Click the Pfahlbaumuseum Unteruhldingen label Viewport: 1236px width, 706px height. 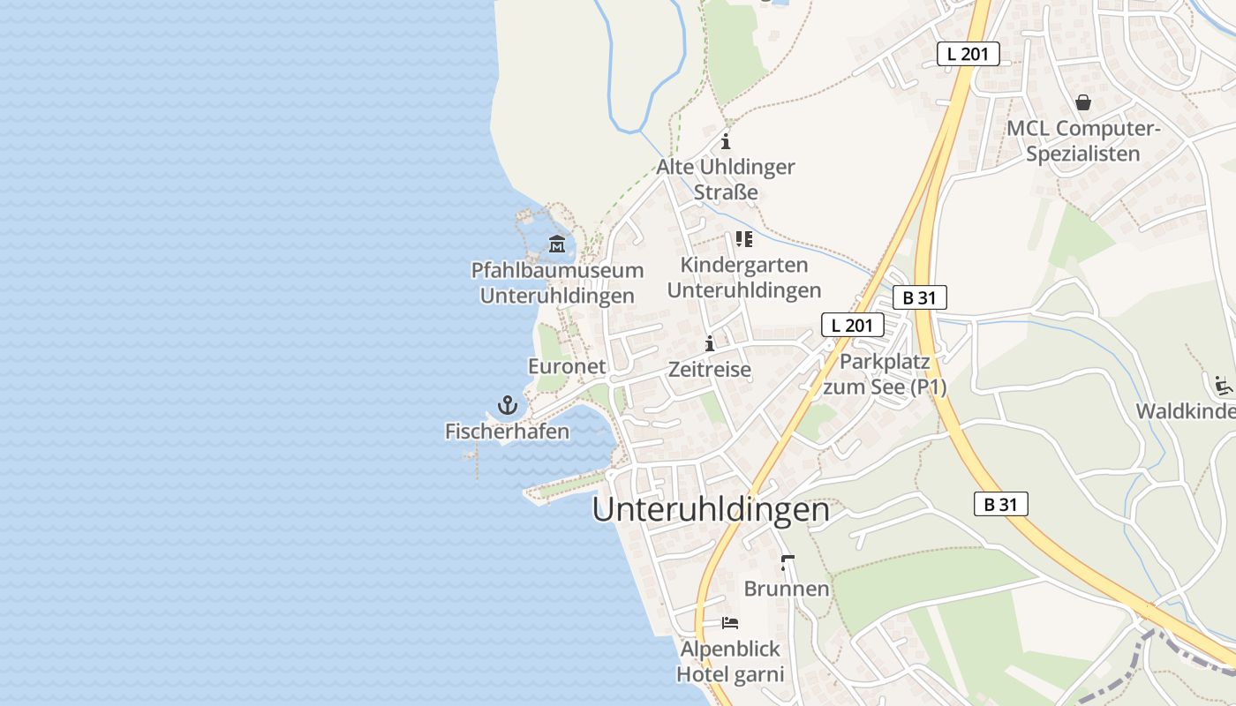(x=556, y=283)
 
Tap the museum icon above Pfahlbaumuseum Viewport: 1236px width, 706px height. (x=556, y=244)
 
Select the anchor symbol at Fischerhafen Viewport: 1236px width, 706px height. (x=507, y=406)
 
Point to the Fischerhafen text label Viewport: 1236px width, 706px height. (x=507, y=432)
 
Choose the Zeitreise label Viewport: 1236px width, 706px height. (x=710, y=370)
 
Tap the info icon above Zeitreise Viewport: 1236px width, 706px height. (x=710, y=343)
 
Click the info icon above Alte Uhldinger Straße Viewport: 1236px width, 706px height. (x=726, y=141)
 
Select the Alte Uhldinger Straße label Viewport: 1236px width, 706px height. (x=726, y=179)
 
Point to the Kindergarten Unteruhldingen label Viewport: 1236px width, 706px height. (x=744, y=277)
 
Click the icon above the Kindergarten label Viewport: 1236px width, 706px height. (x=744, y=239)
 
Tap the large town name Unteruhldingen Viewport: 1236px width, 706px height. (x=711, y=510)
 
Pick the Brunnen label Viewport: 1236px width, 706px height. (x=787, y=589)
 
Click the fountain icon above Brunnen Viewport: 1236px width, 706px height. (x=788, y=562)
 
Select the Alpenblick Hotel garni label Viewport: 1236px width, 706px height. (x=730, y=662)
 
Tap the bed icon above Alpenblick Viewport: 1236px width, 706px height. (x=730, y=623)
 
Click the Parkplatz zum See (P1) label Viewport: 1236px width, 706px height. (x=885, y=374)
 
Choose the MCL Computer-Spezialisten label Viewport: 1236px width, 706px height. (x=1083, y=141)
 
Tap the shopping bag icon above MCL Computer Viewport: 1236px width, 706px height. (x=1083, y=103)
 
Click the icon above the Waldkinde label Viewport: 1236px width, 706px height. (x=1223, y=386)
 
